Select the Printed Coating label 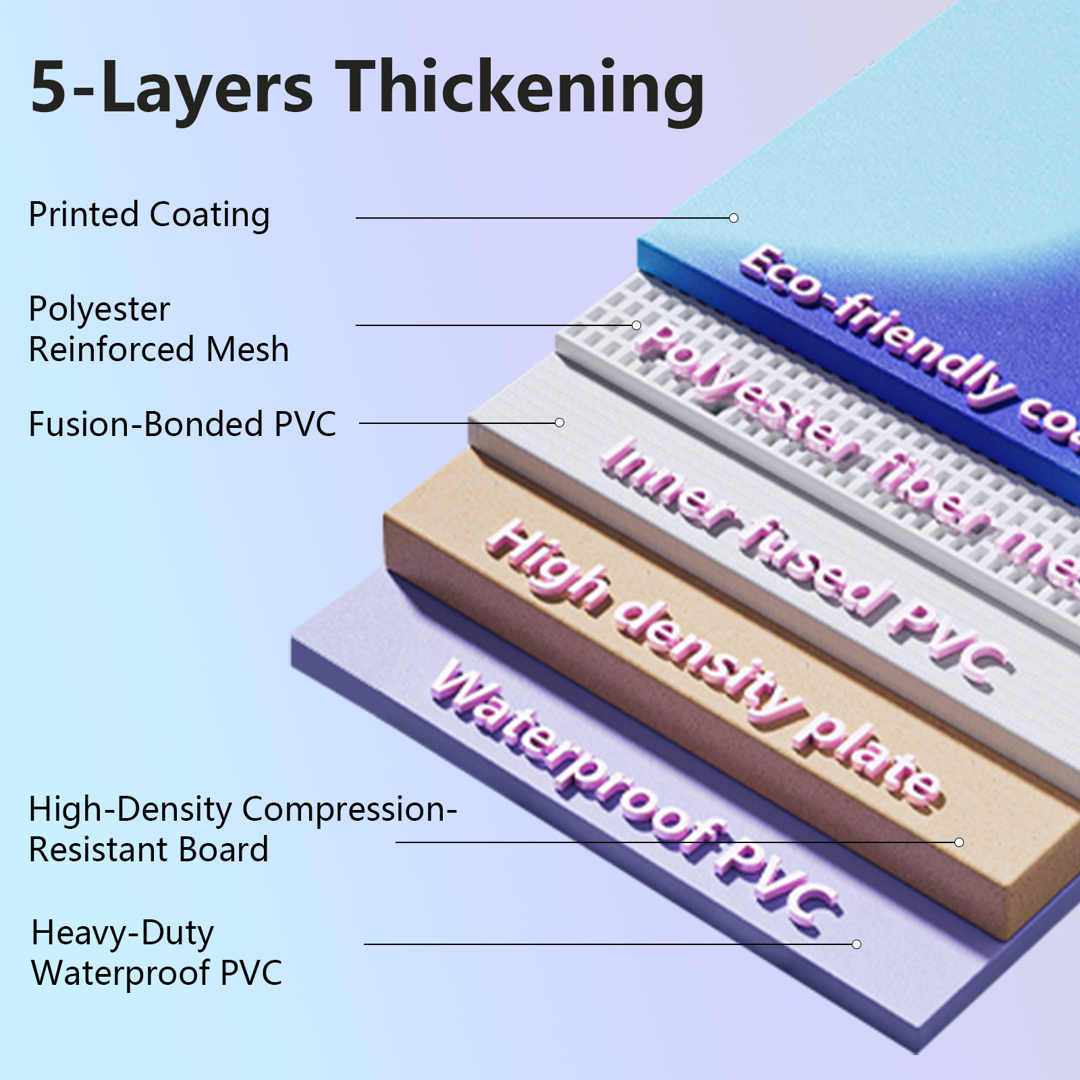[x=149, y=215]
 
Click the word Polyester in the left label [x=99, y=310]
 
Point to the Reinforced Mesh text [x=159, y=350]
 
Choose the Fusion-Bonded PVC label [x=182, y=425]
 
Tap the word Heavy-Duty [x=123, y=934]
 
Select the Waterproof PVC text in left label [x=157, y=973]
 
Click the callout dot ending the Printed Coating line [x=734, y=218]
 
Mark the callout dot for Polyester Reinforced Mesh [x=637, y=325]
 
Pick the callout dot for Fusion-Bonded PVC [x=560, y=423]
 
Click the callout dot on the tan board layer [x=959, y=842]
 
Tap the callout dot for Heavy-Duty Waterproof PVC [x=857, y=944]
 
